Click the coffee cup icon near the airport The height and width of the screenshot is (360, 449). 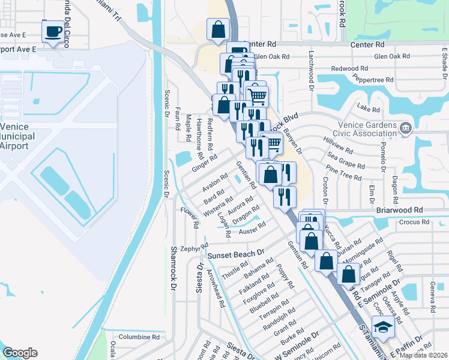point(53,31)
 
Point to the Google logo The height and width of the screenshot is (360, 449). point(19,353)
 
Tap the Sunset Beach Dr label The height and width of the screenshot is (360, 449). point(236,254)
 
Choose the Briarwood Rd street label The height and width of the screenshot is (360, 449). point(400,211)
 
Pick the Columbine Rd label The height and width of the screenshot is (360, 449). point(139,337)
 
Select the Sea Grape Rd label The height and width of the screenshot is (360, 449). point(346,160)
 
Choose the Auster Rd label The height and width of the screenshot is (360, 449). point(252,228)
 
